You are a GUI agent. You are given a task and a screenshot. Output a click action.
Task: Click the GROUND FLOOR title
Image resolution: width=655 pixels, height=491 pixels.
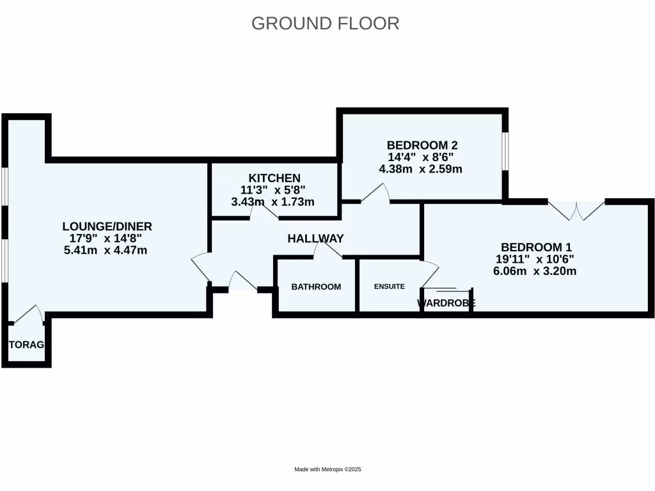click(325, 23)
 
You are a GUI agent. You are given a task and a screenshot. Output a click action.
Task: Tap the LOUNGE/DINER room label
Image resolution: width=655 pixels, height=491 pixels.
click(107, 226)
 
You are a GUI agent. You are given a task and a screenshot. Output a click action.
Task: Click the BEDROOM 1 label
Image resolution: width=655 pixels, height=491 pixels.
click(536, 247)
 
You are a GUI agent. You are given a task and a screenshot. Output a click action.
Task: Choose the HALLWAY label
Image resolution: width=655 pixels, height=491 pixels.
click(315, 238)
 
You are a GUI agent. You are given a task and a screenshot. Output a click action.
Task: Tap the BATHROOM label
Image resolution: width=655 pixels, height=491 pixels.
click(316, 287)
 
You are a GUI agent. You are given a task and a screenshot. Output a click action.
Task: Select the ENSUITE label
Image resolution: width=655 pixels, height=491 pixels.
click(389, 286)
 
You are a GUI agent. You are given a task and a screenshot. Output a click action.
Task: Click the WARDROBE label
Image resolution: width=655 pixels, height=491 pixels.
click(446, 303)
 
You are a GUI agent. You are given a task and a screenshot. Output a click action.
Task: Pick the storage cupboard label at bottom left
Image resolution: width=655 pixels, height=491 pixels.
click(26, 345)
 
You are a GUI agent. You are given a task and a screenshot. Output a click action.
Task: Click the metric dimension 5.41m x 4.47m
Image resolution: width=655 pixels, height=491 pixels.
click(106, 250)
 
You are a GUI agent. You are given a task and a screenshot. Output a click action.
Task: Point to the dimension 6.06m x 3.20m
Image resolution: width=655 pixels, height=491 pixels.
click(535, 271)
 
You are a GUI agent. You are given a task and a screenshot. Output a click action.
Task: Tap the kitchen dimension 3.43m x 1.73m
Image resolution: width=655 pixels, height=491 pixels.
click(273, 202)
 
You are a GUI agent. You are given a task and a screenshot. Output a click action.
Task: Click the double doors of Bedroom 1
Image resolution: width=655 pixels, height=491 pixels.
click(576, 210)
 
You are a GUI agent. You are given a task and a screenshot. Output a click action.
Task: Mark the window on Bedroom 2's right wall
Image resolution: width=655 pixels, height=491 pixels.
click(505, 152)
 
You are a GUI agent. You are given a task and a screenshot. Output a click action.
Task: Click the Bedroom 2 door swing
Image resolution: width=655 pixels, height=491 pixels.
click(377, 194)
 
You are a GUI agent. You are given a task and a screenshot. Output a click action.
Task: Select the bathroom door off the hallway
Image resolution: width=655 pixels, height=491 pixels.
click(328, 251)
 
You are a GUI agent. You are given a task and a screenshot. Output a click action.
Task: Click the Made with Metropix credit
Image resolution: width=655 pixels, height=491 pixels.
click(327, 469)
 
